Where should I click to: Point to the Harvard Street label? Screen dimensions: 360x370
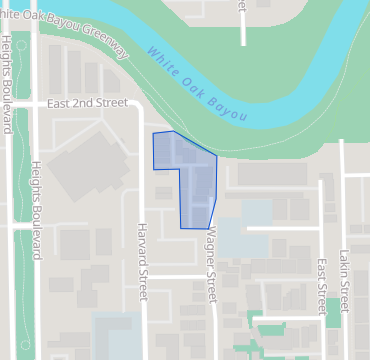pos(142,263)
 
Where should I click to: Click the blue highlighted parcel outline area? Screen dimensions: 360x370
pos(190,175)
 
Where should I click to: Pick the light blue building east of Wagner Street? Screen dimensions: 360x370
pos(245,230)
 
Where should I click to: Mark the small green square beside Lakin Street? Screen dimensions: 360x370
pos(332,312)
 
